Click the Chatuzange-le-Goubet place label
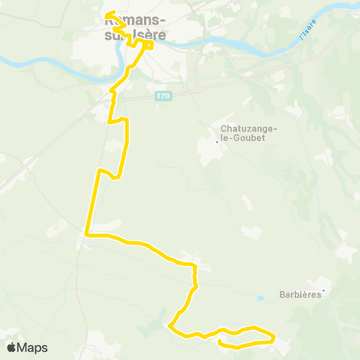coord(248,133)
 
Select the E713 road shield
coord(163,94)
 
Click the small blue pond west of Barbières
coord(259,298)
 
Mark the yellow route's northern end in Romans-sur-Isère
coord(106,13)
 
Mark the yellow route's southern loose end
coord(219,342)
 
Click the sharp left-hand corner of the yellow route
coord(87,234)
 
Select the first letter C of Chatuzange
coord(223,128)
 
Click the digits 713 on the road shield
coord(166,94)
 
